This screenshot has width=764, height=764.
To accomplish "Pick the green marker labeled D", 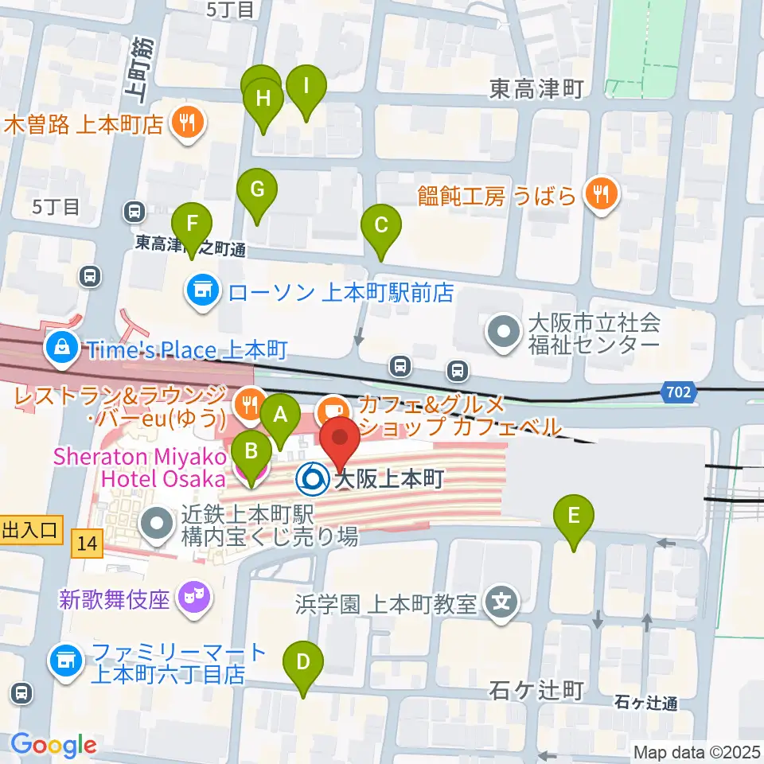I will point(303,663).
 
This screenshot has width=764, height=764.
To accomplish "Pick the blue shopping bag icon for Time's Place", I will point(60,349).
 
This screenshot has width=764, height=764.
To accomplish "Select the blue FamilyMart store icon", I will point(65,660).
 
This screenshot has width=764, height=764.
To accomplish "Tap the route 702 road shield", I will point(679,392).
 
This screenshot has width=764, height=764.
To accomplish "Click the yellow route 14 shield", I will point(90,545).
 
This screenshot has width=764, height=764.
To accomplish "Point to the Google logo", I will point(53,745).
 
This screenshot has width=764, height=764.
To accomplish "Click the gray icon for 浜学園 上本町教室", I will point(501,601).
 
